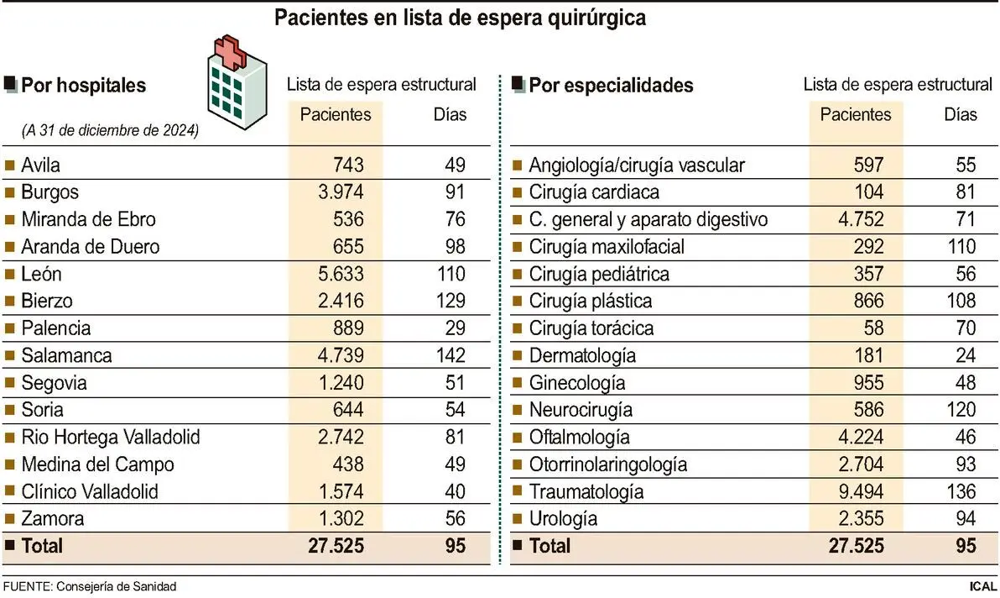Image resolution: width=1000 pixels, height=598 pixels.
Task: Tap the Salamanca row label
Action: point(66,355)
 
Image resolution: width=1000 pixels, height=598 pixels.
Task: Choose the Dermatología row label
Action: point(581,355)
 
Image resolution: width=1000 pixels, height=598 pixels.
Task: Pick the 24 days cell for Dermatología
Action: point(965,355)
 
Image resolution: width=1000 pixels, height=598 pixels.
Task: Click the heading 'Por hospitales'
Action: point(83,86)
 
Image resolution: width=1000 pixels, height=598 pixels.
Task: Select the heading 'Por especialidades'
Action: point(611,86)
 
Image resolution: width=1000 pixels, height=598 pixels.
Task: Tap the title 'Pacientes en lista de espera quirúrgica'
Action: point(461,18)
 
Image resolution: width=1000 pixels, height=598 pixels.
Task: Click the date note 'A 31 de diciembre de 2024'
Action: point(110,131)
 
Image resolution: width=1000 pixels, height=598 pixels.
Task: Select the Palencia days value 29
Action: point(455,328)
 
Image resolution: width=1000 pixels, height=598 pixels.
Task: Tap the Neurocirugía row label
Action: point(581,410)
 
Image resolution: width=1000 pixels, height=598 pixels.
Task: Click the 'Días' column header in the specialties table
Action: point(961,113)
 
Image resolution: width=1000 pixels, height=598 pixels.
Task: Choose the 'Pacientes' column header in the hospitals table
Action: point(336,113)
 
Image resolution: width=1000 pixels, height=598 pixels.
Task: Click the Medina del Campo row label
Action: point(97,464)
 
